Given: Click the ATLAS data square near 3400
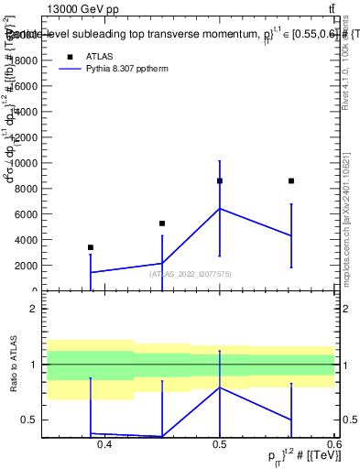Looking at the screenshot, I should pyautogui.click(x=90, y=247).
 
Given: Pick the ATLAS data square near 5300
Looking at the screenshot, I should pyautogui.click(x=162, y=224).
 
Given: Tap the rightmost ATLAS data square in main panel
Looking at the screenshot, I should pyautogui.click(x=291, y=181).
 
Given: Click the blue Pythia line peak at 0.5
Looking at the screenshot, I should pyautogui.click(x=220, y=209).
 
